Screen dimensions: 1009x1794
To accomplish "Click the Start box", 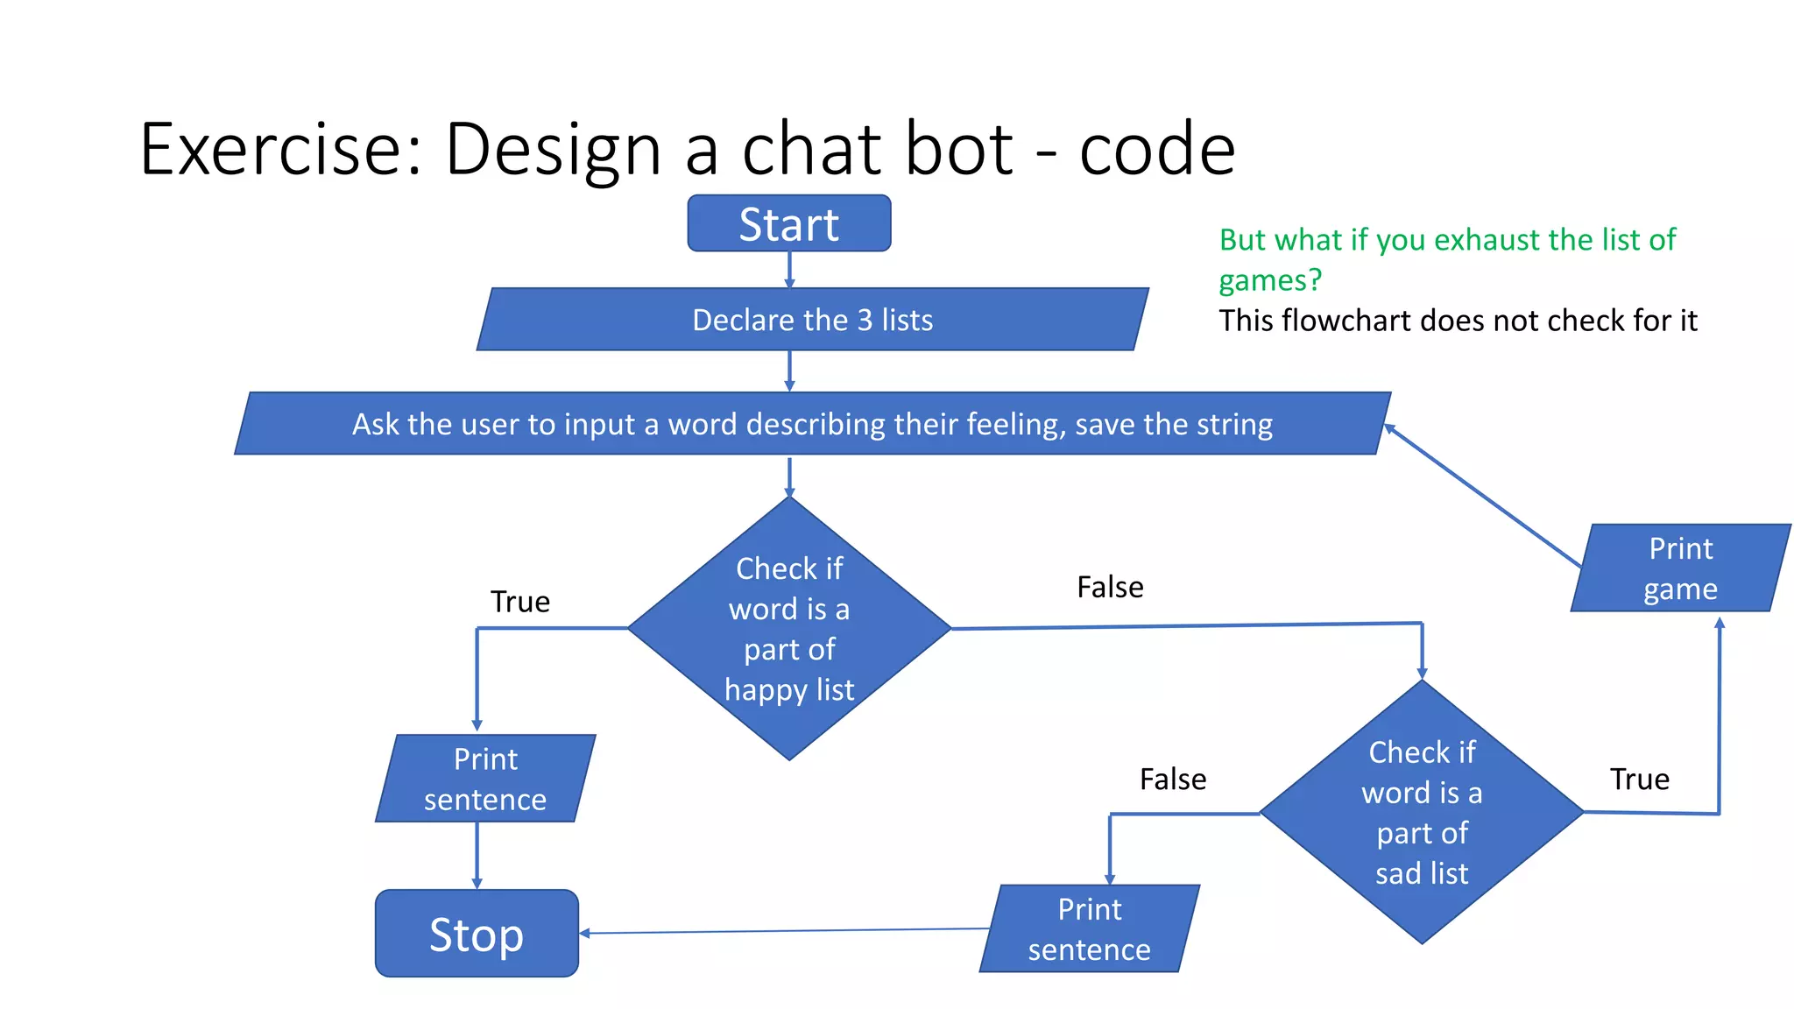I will point(788,224).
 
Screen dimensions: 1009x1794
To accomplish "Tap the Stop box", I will point(477,934).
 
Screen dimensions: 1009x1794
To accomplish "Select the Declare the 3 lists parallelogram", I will point(812,320).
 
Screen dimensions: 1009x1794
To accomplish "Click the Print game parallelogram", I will point(1680,568).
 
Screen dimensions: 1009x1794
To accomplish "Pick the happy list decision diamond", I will point(789,628).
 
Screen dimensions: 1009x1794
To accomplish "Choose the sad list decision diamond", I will point(1422,812).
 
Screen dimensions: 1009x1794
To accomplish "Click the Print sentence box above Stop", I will point(485,779).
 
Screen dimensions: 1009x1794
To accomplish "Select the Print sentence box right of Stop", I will point(1089,929).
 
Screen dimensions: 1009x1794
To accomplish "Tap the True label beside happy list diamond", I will point(519,602).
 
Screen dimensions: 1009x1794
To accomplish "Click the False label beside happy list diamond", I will point(1110,587).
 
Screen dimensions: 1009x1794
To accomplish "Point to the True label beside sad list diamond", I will point(1639,779).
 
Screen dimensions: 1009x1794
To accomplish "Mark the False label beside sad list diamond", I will point(1173,779).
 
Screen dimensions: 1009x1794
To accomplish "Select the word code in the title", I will point(1156,149).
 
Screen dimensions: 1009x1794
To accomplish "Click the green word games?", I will point(1269,280).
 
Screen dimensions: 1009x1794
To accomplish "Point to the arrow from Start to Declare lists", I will point(789,269).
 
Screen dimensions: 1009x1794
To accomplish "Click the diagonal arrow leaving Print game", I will point(1480,495).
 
